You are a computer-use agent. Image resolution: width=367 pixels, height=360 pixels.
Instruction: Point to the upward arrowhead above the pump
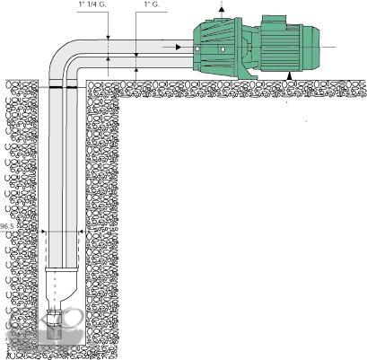tap(222, 9)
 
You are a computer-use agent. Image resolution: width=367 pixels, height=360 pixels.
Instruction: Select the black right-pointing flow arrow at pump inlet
tap(179, 47)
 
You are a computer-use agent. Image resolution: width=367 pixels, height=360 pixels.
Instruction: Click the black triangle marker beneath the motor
tap(289, 76)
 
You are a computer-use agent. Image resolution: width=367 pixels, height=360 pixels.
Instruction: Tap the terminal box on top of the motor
tap(273, 22)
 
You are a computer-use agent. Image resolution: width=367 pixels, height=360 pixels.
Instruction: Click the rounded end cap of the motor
tap(311, 48)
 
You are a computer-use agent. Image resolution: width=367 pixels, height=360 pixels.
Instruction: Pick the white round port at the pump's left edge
tap(197, 49)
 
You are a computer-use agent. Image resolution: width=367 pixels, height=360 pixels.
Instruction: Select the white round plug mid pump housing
tap(222, 49)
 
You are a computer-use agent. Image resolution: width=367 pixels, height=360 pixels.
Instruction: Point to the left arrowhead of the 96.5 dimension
tap(43, 232)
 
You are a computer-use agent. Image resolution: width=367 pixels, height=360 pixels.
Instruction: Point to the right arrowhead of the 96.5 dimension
tap(81, 232)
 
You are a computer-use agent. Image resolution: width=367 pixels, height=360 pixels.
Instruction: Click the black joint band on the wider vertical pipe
tap(56, 87)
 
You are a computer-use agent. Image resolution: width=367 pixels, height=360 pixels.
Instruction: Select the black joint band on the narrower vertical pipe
tap(72, 87)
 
